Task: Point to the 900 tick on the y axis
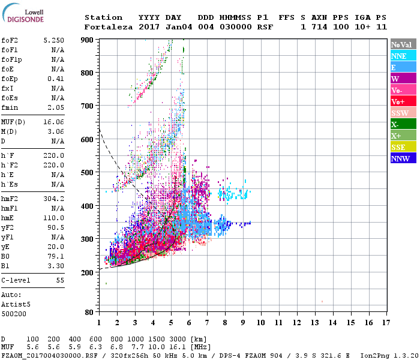[88, 40]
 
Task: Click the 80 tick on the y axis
[89, 312]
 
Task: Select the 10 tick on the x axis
[261, 323]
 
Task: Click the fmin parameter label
[10, 107]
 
